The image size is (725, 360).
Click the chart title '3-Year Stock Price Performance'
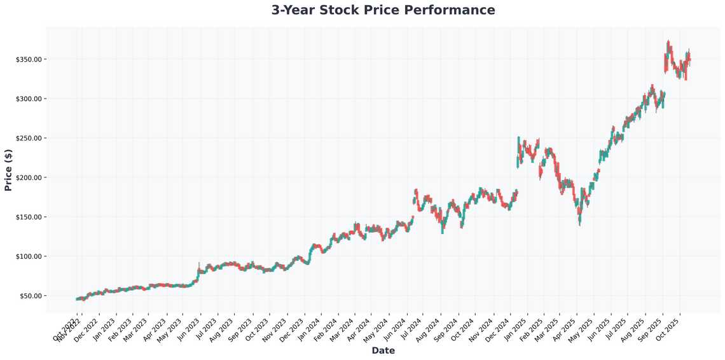coord(383,10)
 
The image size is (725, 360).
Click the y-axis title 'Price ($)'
coord(8,170)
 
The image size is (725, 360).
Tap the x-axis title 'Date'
coord(383,350)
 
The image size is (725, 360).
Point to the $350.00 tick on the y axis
coord(29,59)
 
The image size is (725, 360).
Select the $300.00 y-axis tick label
coord(29,99)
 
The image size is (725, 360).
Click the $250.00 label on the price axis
coord(29,138)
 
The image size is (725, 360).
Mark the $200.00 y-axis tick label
coord(29,177)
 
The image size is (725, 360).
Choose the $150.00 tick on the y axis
coord(29,217)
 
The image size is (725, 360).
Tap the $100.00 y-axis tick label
coord(29,256)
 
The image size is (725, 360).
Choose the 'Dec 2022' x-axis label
coord(85,328)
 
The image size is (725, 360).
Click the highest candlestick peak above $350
coord(668,42)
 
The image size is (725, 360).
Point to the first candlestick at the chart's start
coord(77,299)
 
